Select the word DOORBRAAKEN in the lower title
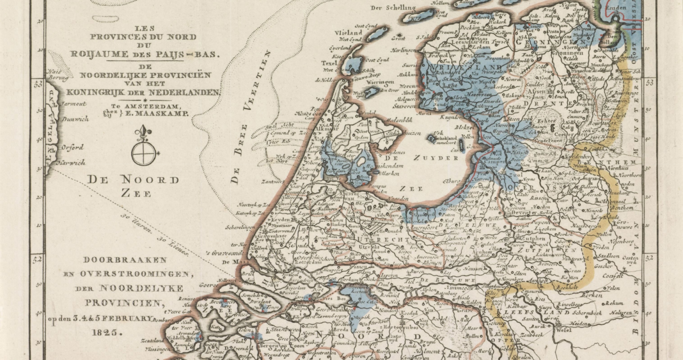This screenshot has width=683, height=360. pos(125,260)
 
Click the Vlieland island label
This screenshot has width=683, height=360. pos(345,33)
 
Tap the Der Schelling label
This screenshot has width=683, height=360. pos(393,7)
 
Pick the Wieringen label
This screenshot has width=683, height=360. pos(380,82)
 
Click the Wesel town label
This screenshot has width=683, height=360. pos(559,330)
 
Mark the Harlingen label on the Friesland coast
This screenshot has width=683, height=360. pos(400,50)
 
